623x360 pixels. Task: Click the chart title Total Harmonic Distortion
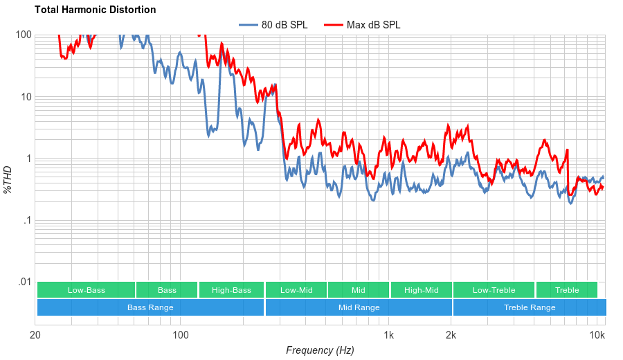95,10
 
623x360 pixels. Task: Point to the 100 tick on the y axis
24,35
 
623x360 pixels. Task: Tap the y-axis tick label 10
26,97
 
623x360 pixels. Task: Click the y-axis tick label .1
27,221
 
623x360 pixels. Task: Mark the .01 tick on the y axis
24,282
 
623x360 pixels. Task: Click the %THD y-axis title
8,179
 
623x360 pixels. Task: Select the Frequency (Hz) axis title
320,350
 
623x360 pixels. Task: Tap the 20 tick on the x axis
36,336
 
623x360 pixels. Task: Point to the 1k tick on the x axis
389,336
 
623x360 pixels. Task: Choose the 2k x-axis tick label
451,336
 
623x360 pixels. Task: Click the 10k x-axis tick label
597,336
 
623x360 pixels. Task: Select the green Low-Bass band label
87,290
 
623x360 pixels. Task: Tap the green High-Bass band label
231,290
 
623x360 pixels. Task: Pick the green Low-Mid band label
296,290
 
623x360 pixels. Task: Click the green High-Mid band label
421,290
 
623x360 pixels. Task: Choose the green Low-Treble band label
494,290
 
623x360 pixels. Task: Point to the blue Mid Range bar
359,307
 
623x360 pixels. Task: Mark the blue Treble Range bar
530,307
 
